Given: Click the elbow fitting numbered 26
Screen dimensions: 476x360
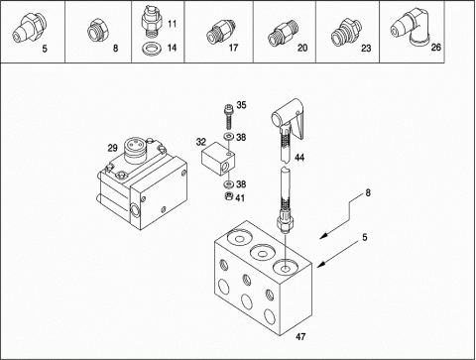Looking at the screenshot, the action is click(411, 28).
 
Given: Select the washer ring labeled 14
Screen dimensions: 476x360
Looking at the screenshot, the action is click(151, 50).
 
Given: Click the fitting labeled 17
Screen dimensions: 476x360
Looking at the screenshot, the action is click(220, 31).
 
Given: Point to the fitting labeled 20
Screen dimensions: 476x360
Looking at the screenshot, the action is click(282, 32).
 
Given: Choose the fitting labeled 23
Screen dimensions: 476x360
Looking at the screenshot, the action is click(346, 32).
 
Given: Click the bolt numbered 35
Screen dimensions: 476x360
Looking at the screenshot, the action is click(228, 116).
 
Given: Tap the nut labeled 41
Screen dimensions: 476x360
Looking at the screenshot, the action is click(228, 196).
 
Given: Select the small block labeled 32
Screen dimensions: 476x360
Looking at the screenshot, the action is click(218, 158).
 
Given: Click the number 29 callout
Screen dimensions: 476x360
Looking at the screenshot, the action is click(112, 148).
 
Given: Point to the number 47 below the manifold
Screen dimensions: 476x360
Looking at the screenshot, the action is click(300, 336).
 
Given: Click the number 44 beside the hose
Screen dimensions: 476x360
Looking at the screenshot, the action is click(299, 158).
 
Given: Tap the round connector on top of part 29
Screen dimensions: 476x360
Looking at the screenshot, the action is click(135, 151).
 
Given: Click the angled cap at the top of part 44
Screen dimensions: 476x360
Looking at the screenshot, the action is click(288, 116).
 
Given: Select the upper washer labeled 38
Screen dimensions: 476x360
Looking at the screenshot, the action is click(227, 136).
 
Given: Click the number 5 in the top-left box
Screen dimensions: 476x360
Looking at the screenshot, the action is click(45, 49).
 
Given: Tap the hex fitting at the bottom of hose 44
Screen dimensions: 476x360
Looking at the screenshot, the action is click(284, 219).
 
